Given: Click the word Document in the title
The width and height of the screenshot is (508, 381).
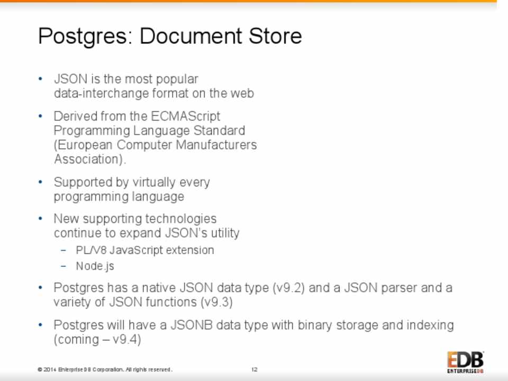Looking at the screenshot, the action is (191, 35).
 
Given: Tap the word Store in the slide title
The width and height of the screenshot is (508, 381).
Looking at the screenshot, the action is (275, 35).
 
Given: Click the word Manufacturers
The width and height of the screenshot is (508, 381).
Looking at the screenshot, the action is (216, 144).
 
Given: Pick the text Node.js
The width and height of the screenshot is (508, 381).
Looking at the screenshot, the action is (95, 266).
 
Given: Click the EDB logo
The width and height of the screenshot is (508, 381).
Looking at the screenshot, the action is (466, 362).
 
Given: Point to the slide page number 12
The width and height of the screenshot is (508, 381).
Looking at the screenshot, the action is (255, 369).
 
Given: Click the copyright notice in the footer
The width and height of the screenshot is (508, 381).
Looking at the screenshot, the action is (105, 369).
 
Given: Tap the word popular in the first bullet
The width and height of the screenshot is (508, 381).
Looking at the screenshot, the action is (177, 79).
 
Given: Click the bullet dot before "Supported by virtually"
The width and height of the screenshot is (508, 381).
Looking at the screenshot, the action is (40, 182).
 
